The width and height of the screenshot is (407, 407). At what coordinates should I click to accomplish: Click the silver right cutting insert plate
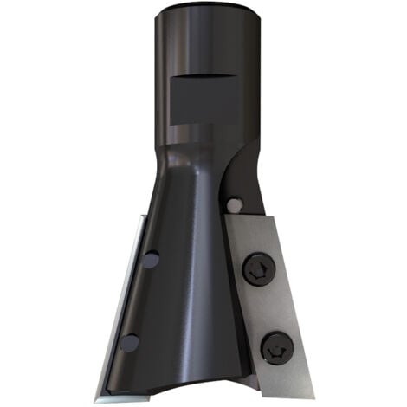coord(294,303)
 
